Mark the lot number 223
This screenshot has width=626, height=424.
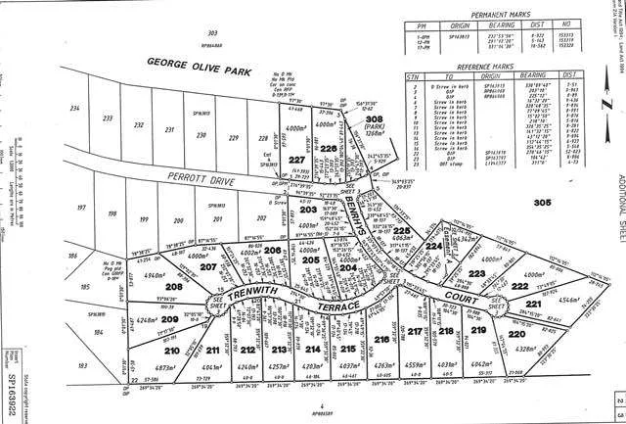(x=478, y=246)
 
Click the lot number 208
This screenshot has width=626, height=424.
(x=174, y=286)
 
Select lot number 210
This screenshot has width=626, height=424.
(x=172, y=350)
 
